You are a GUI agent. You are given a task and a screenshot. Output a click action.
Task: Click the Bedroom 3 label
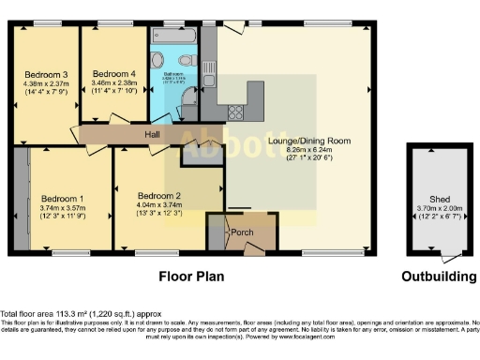[46, 74]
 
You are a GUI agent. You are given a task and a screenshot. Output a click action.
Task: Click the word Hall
[152, 135]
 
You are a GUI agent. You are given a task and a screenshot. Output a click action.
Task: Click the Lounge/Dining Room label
[308, 142]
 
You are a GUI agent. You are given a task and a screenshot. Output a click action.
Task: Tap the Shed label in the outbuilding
[439, 199]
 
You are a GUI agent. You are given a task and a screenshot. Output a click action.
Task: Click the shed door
[454, 255]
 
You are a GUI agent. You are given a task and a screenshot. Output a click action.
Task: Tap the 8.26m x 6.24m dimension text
[308, 150]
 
